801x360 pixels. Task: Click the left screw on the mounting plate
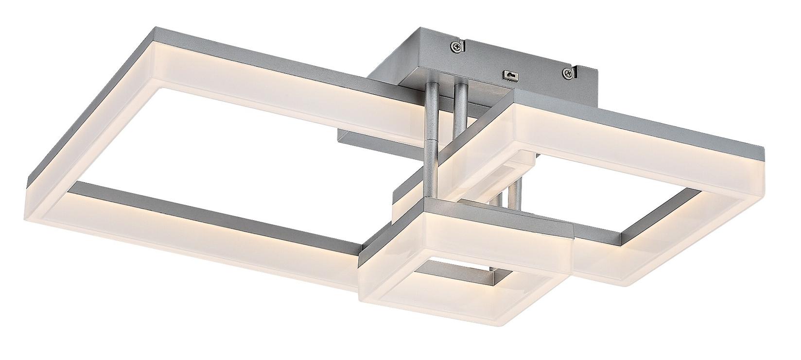click(x=454, y=47)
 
